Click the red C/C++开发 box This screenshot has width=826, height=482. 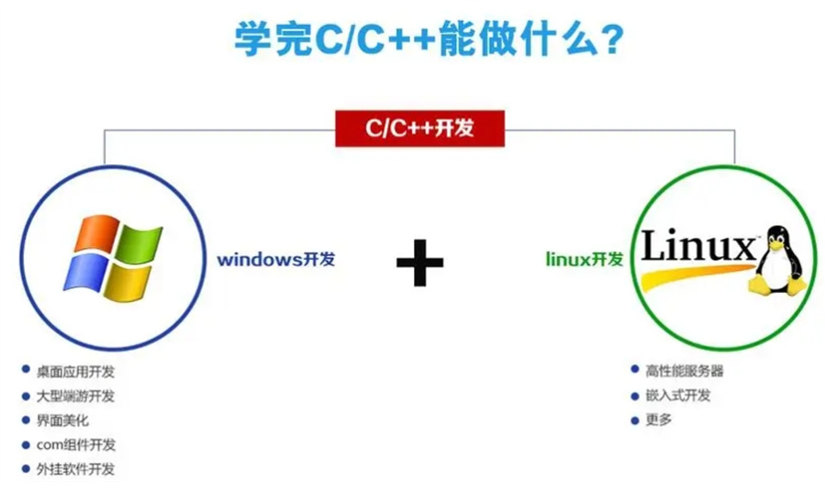pyautogui.click(x=419, y=129)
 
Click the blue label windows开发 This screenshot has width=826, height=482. pyautogui.click(x=275, y=259)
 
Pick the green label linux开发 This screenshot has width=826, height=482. pyautogui.click(x=584, y=260)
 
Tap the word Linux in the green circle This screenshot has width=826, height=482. pyautogui.click(x=698, y=247)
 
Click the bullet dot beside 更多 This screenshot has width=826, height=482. pyautogui.click(x=634, y=420)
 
